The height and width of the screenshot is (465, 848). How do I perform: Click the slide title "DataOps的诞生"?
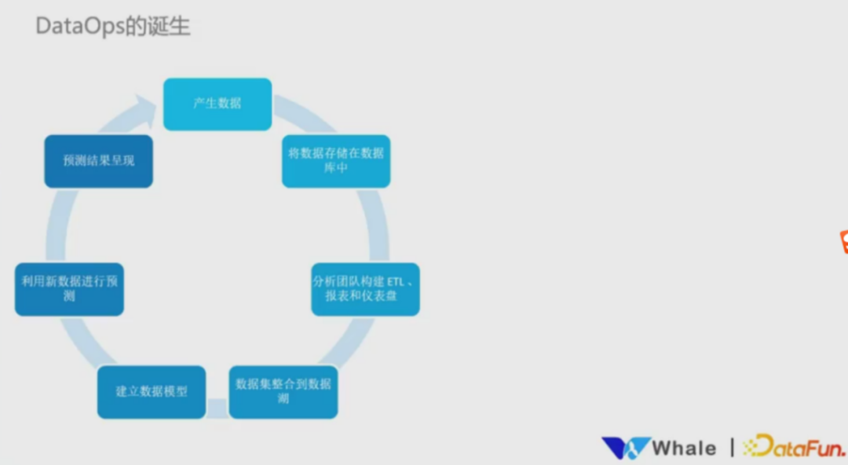tap(113, 27)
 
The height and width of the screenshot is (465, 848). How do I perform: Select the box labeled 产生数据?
tap(217, 104)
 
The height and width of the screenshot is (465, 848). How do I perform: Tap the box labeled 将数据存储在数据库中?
tap(336, 161)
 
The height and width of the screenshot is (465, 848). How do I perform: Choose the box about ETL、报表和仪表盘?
tap(365, 289)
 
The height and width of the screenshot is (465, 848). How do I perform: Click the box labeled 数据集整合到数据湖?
tap(283, 391)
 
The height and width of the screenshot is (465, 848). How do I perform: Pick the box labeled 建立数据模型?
tap(152, 391)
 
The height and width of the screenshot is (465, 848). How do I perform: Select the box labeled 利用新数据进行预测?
tap(69, 289)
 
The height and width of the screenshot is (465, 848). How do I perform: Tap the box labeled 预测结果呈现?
tap(98, 161)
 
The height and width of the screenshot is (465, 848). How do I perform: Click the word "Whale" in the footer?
tap(684, 449)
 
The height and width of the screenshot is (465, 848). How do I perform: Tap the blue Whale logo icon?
tap(625, 449)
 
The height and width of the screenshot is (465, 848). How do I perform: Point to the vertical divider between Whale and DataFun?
tap(733, 448)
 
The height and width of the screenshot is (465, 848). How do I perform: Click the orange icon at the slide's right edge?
tap(843, 242)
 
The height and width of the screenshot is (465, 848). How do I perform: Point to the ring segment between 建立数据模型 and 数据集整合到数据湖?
tap(217, 408)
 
